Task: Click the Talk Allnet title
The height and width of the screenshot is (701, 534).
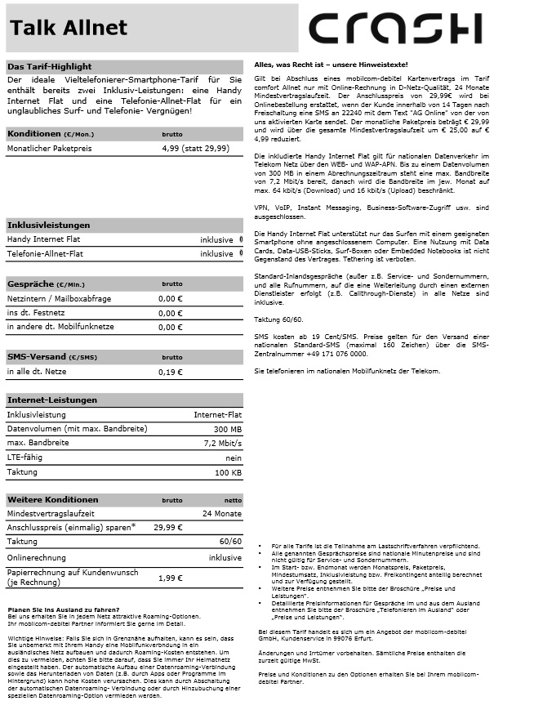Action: point(69,29)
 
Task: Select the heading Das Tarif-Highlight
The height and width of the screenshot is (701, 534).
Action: point(49,66)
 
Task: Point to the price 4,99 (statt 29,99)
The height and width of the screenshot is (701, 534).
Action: point(195,149)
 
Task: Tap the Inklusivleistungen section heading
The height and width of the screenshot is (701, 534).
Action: point(48,225)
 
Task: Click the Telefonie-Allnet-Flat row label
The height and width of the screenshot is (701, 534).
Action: point(45,253)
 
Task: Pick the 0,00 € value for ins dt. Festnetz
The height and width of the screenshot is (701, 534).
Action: point(170,313)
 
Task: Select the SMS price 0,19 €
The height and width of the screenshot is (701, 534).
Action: point(170,372)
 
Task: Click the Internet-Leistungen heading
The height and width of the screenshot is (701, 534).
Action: point(51,400)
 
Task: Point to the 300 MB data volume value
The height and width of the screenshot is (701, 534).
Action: point(227,429)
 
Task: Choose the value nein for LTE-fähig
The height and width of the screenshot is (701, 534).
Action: point(232,458)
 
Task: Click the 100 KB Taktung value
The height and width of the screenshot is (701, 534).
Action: point(228,472)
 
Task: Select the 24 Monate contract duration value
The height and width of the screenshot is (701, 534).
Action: point(222,513)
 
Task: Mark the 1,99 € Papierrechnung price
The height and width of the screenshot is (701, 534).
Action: point(170,578)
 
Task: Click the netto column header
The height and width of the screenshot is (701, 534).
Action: point(233,500)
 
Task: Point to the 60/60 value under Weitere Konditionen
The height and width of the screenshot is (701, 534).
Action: point(230,542)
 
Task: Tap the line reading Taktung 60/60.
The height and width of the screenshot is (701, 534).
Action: point(278,319)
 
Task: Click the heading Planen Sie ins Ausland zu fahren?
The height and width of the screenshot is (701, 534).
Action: point(63,610)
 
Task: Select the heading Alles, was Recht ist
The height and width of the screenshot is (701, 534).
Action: point(331,64)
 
